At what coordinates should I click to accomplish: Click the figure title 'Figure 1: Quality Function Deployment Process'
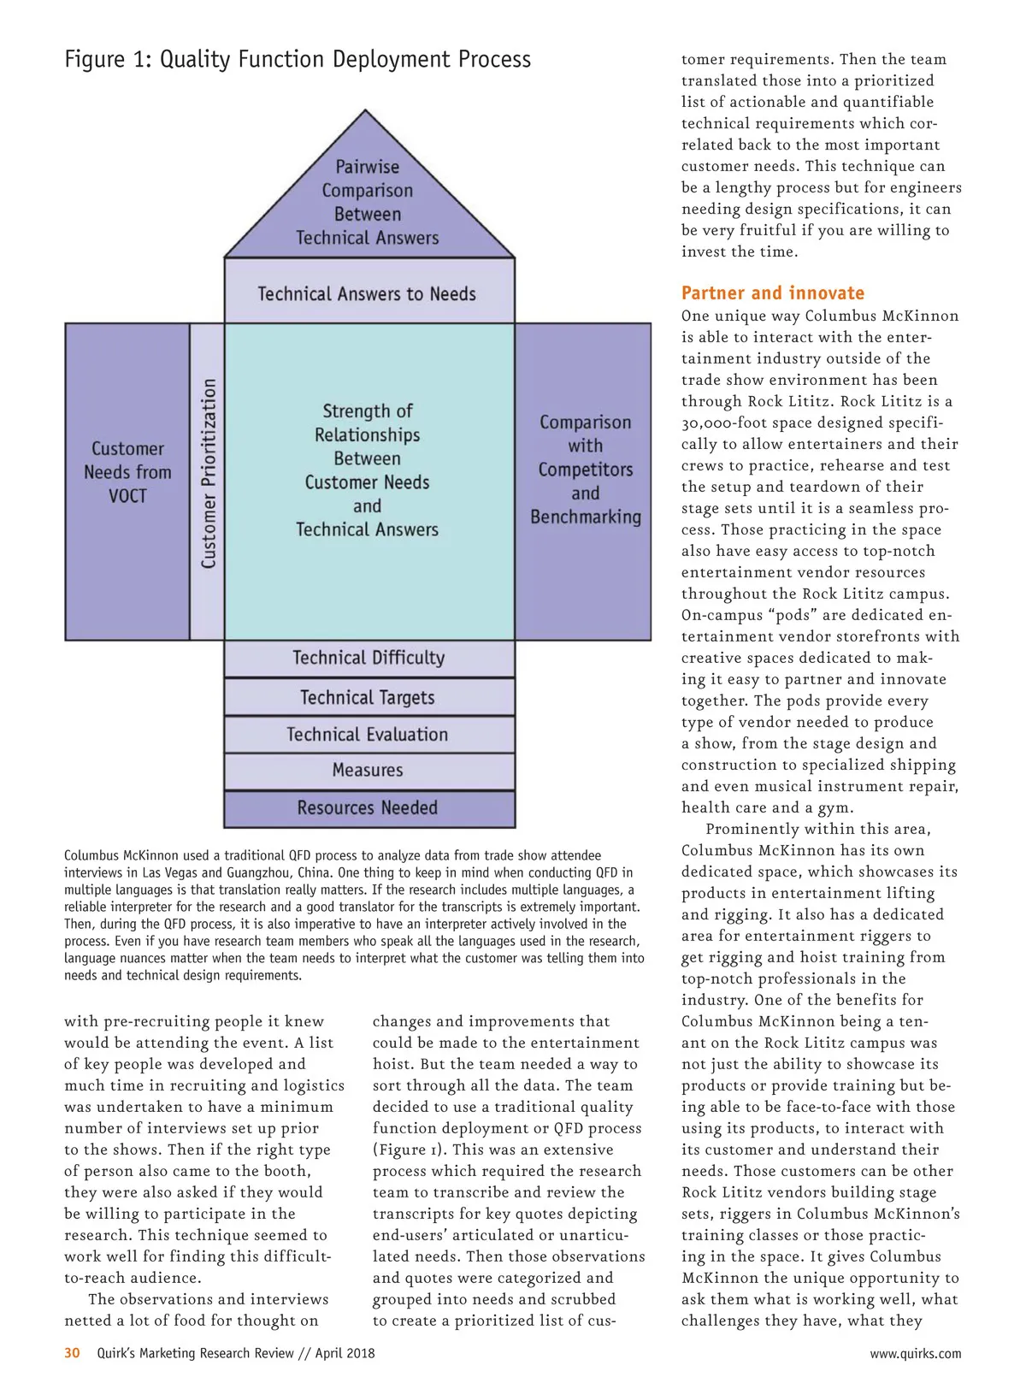(x=298, y=60)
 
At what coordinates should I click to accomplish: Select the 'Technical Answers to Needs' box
(x=368, y=293)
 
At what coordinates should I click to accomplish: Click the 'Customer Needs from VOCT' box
(x=127, y=472)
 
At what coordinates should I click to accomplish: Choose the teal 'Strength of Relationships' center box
(x=368, y=470)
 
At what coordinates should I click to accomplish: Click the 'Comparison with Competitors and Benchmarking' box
(x=585, y=470)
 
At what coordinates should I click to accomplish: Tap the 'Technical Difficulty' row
(x=369, y=658)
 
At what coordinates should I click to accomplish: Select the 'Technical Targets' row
(x=368, y=697)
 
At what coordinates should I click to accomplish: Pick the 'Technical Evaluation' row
(x=368, y=734)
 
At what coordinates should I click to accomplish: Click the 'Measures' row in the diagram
(x=368, y=771)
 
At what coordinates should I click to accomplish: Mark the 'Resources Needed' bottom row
(x=368, y=808)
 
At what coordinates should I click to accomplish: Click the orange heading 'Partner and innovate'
(x=773, y=293)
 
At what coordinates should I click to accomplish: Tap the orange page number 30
(x=72, y=1353)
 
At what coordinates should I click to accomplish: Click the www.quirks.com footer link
(x=915, y=1353)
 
